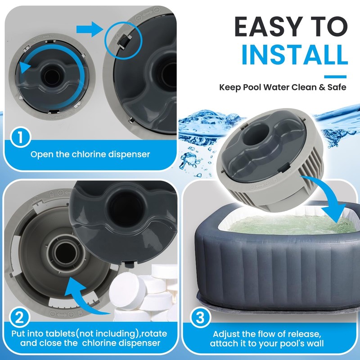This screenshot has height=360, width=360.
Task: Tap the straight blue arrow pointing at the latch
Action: coord(90,30)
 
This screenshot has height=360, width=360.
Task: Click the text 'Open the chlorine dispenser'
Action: coord(90,154)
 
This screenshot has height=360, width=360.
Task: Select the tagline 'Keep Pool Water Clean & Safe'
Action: coord(283,87)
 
